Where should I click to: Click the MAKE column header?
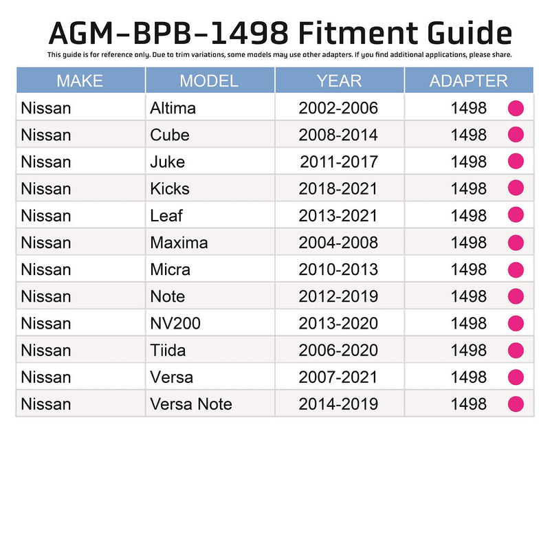pos(80,80)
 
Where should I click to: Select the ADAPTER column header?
pos(468,80)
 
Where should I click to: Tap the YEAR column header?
pos(339,80)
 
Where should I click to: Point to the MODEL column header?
pos(209,80)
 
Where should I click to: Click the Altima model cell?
pos(173,108)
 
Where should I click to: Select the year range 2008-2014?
pos(338,135)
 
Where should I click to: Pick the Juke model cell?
pos(167,162)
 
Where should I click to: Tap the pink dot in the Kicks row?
pos(516,188)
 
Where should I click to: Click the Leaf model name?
pos(166,215)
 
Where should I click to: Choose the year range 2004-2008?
pos(338,242)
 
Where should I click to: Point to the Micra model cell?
pos(170,269)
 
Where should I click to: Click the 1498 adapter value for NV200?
pos(468,323)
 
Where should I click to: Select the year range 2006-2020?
pos(338,350)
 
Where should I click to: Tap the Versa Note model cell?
pos(191,404)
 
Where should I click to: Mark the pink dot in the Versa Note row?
pos(516,404)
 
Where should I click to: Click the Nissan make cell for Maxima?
pos(46,242)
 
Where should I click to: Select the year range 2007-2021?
pos(338,377)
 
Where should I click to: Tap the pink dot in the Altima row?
pos(516,108)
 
